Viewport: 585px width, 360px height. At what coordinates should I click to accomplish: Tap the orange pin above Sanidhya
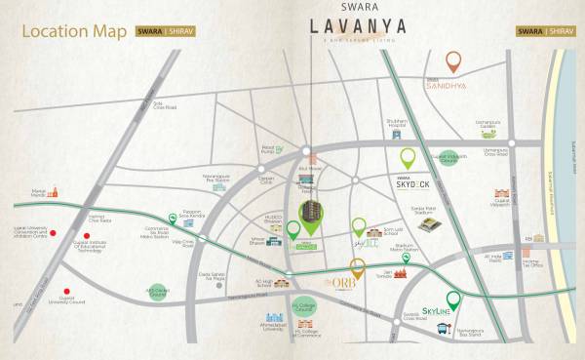point(453,62)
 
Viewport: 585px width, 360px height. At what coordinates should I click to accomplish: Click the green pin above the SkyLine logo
point(452,300)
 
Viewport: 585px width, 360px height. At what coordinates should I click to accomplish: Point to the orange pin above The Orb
point(357,266)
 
